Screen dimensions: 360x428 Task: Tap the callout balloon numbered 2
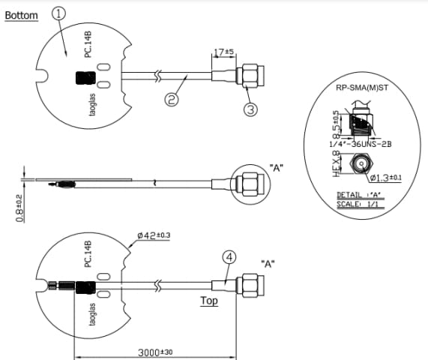coord(171,100)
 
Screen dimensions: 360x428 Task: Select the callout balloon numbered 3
coord(250,109)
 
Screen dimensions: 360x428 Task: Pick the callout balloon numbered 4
coord(230,257)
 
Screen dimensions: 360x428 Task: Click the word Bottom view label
coord(21,16)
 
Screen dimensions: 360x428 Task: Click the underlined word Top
coord(209,301)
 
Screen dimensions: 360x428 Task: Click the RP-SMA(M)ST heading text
coord(362,88)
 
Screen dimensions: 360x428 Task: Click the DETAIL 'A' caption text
coord(359,195)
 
